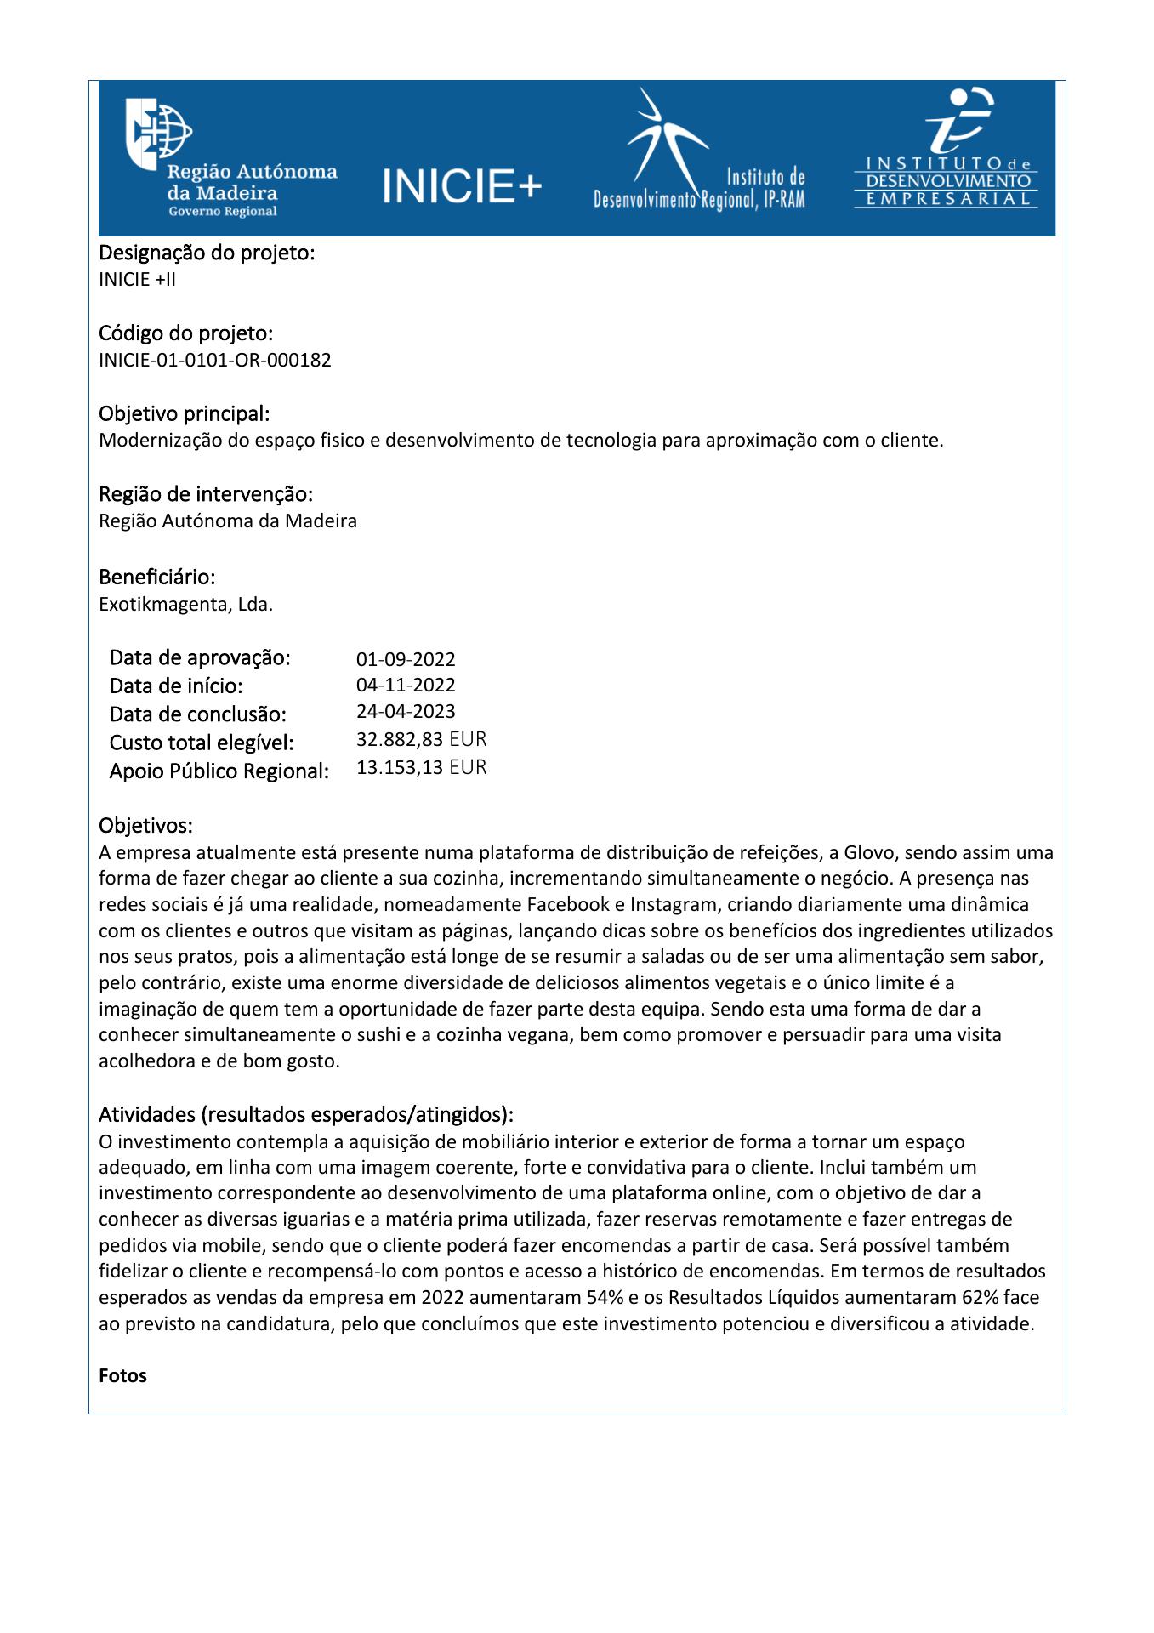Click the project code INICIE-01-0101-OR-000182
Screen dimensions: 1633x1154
click(x=215, y=360)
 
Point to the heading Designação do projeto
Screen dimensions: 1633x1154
click(x=207, y=253)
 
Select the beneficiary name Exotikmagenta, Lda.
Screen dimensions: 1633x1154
click(x=185, y=606)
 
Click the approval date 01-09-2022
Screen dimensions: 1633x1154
click(x=406, y=659)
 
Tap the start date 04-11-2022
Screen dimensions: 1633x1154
click(x=406, y=686)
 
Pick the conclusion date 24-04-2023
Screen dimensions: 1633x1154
click(x=406, y=712)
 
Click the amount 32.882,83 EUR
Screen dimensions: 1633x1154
click(x=421, y=739)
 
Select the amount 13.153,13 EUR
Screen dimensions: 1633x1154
click(x=421, y=768)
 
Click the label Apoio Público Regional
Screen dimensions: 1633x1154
click(x=219, y=772)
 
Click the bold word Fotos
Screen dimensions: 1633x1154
click(x=122, y=1376)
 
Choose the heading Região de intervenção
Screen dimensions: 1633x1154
click(x=206, y=494)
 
